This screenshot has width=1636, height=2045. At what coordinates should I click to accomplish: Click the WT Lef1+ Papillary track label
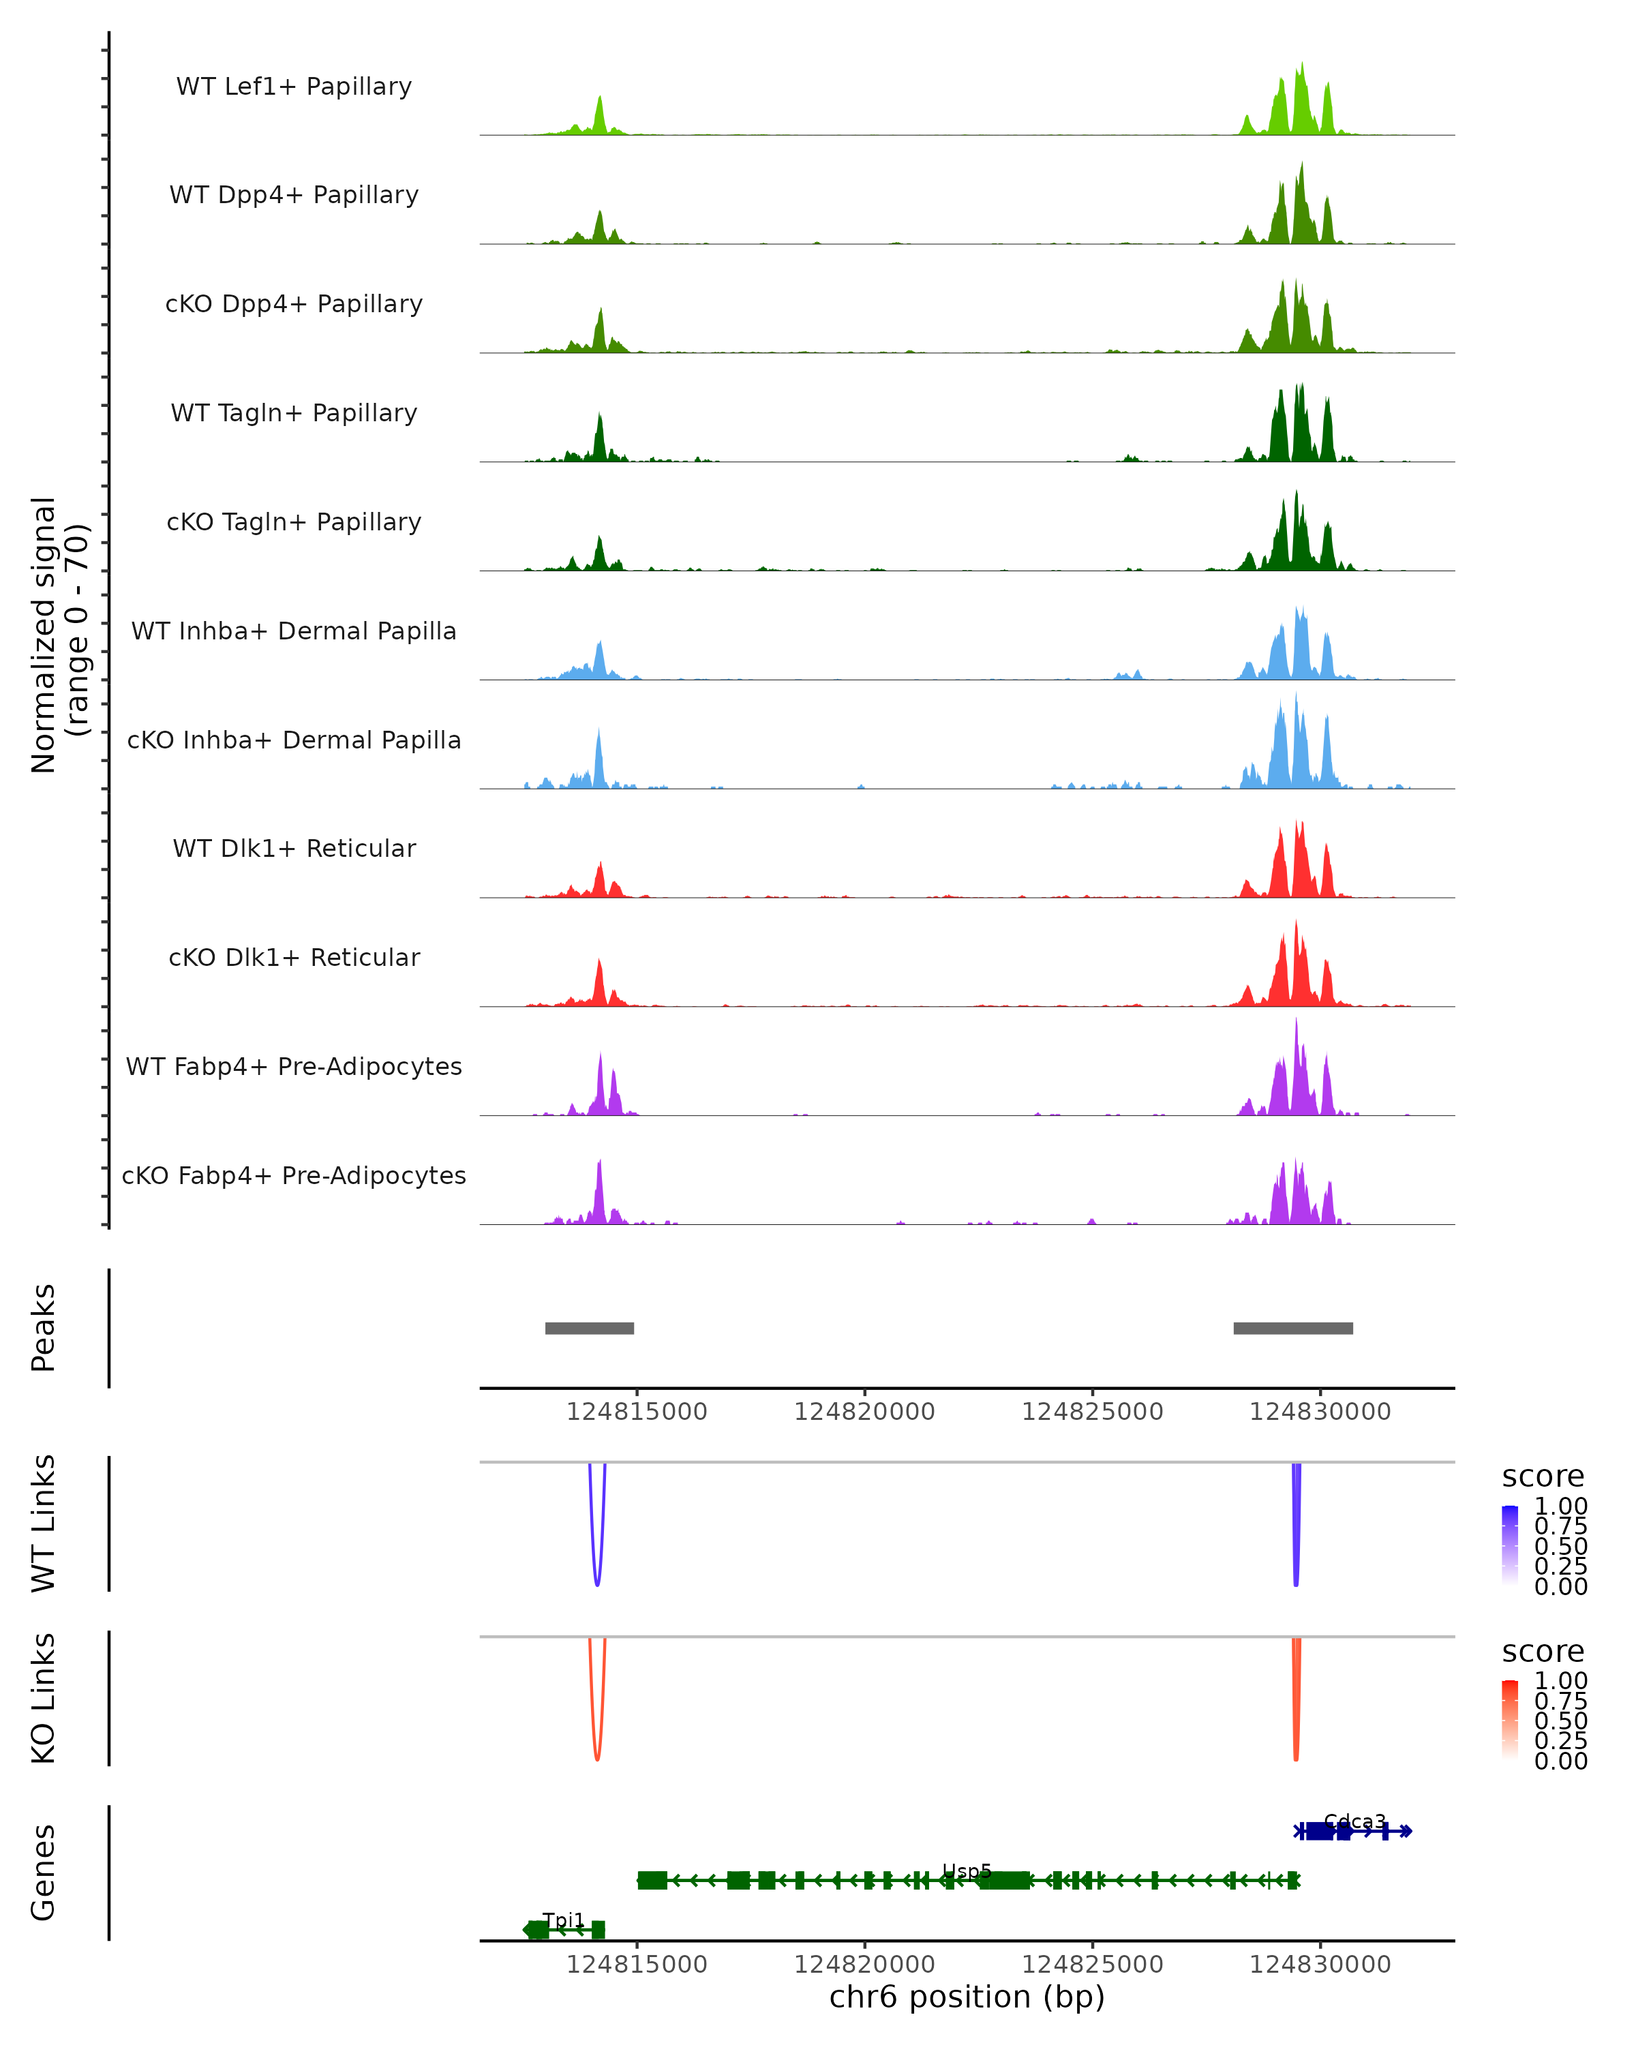(x=294, y=87)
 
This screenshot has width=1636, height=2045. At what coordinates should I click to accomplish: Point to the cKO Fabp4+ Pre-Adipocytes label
(x=294, y=1175)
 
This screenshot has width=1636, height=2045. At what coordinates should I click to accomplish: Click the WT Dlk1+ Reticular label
(x=294, y=848)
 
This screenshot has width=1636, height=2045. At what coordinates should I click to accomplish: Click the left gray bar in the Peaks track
(x=589, y=1328)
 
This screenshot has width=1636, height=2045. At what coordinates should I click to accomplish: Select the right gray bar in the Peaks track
(x=1292, y=1328)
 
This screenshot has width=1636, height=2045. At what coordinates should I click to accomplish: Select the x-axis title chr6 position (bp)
(x=967, y=1997)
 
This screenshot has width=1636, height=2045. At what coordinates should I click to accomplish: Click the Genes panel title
(x=44, y=1873)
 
